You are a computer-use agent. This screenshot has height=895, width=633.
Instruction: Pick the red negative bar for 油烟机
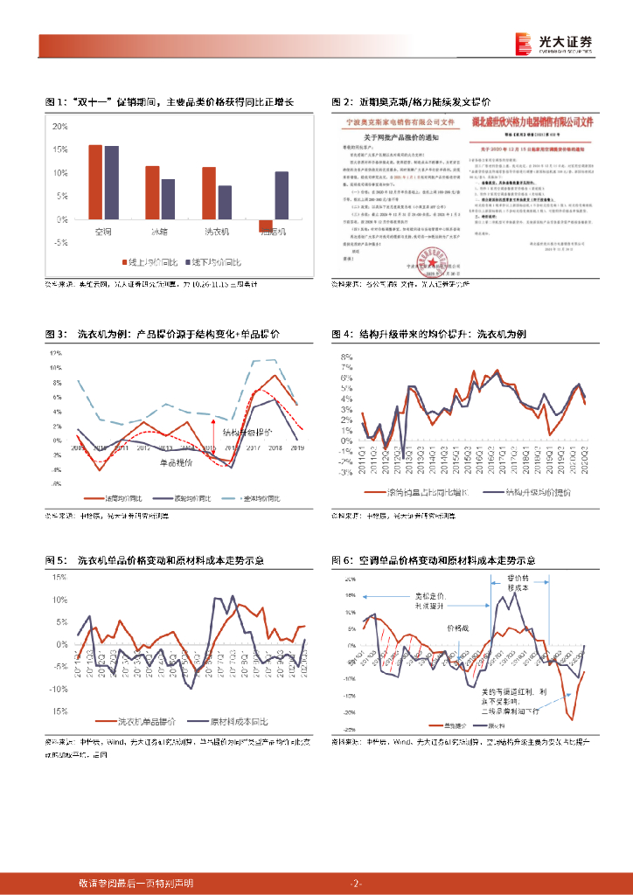click(265, 225)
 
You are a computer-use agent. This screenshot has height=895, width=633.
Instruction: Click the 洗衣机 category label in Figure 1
click(216, 232)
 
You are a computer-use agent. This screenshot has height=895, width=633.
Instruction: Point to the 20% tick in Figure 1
click(61, 126)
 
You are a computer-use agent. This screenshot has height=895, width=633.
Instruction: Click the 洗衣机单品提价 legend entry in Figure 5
click(149, 722)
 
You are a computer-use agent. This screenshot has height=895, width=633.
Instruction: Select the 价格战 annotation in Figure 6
click(458, 628)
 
